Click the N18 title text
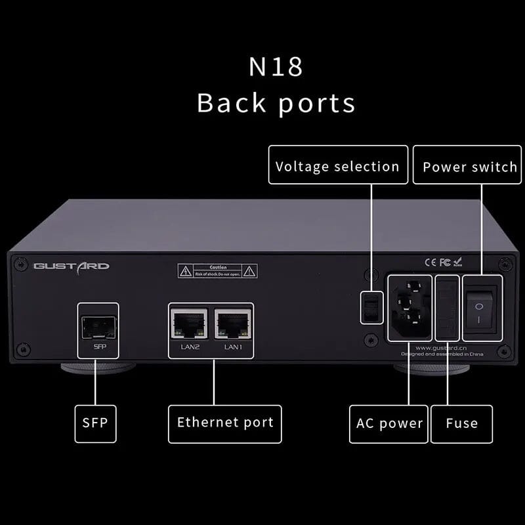coord(276,68)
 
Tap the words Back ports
coord(276,103)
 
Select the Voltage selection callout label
coord(337,167)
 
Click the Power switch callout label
coord(469,167)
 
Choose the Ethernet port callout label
coord(225,423)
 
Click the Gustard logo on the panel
coord(72,266)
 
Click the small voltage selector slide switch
coord(369,306)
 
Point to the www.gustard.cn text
coord(442,348)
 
